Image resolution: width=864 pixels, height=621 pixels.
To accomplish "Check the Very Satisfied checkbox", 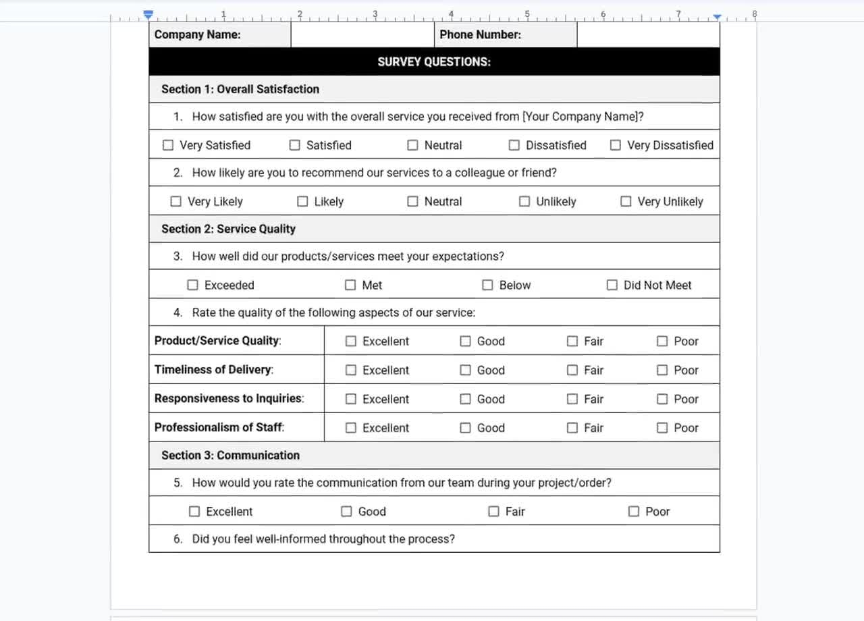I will coord(168,145).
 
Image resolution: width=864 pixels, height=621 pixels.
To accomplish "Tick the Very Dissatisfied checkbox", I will coord(616,145).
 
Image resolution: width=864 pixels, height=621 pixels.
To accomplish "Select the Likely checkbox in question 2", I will coord(302,201).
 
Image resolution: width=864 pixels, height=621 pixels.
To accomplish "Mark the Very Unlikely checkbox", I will coord(626,201).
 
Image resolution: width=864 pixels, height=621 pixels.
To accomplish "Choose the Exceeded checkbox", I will coord(193,285).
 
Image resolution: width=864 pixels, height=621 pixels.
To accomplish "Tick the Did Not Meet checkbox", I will coord(612,285).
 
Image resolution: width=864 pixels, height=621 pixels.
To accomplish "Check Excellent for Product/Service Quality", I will coord(351,341).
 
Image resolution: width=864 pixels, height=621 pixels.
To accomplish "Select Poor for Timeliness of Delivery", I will coord(662,370).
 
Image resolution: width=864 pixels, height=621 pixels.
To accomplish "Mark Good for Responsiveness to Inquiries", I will coord(466,399).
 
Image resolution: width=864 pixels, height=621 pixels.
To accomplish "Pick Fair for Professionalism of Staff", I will coord(572,427).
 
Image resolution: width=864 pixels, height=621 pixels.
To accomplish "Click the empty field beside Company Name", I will coord(362,34).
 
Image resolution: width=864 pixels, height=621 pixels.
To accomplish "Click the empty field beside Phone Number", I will coord(648,34).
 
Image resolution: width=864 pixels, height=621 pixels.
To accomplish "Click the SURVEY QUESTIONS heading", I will coord(434,62).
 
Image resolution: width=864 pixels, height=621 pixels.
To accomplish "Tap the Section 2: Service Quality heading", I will coord(228,229).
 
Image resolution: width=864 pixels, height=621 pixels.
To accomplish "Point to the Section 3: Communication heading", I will coord(230,455).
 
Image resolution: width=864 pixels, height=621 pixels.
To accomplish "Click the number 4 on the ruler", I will coord(451,13).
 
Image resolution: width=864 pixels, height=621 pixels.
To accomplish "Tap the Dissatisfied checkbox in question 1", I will coord(514,145).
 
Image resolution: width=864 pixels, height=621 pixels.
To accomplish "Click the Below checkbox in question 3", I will coord(487,285).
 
